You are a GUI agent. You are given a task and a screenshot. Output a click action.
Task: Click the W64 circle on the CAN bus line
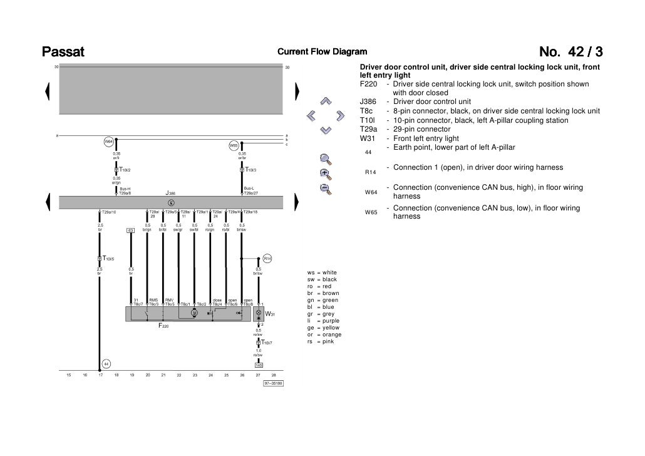108,142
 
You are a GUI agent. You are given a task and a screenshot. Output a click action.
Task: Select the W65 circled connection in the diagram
233,145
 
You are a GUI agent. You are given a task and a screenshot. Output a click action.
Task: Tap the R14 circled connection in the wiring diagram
266,258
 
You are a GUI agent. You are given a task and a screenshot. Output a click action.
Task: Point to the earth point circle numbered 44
106,365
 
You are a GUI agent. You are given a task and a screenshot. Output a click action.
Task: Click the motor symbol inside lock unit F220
194,313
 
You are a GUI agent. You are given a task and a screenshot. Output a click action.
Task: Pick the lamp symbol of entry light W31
259,311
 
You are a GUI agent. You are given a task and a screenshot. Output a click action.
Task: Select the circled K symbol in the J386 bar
171,202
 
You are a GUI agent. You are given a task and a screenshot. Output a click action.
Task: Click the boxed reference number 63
131,230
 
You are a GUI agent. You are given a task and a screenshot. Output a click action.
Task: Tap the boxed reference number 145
258,365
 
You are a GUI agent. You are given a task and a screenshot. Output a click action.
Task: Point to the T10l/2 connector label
124,170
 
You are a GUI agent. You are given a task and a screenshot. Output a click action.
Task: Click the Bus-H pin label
125,189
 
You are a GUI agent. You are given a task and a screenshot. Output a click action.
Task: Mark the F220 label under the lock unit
163,326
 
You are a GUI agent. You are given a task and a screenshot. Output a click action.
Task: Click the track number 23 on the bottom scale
195,375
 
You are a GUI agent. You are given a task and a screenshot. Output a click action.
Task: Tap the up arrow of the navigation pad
325,101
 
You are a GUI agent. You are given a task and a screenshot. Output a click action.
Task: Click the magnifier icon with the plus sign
324,173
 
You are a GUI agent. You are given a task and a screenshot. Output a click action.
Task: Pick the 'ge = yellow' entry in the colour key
323,328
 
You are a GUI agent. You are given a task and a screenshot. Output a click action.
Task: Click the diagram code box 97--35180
273,383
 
